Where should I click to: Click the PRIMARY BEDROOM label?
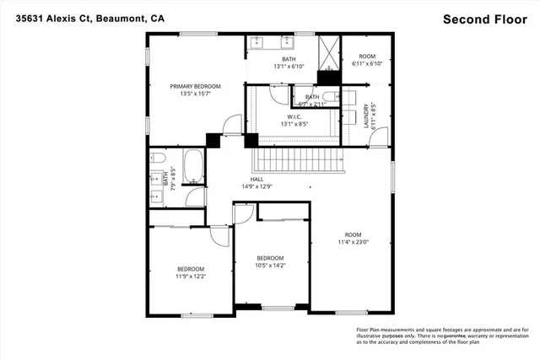[x=195, y=86]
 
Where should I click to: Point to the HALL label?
[x=254, y=179]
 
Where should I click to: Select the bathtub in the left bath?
[x=192, y=167]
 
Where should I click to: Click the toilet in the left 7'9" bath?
[x=158, y=159]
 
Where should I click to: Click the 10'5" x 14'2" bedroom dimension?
[x=271, y=266]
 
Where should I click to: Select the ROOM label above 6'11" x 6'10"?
[x=366, y=56]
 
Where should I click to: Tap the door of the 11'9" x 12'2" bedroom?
[x=220, y=235]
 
